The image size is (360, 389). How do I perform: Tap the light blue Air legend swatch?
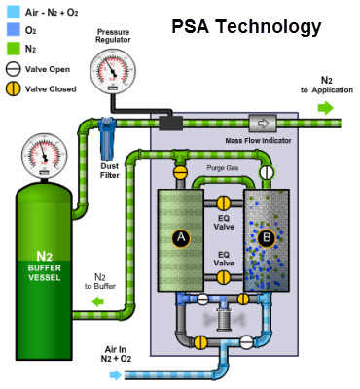tap(12, 10)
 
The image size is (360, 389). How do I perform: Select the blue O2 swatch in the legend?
tap(12, 27)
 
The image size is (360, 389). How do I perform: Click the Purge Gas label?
tap(222, 168)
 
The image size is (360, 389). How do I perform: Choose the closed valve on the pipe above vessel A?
tap(180, 172)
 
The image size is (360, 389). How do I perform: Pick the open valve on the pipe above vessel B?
tap(265, 172)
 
